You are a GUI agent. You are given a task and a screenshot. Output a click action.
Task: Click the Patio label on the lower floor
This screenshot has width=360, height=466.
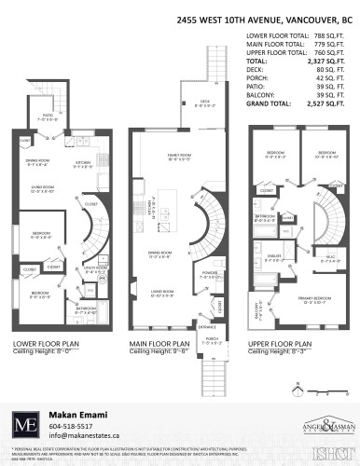(x=47, y=118)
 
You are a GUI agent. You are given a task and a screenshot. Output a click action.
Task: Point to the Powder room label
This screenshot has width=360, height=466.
(x=208, y=273)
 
